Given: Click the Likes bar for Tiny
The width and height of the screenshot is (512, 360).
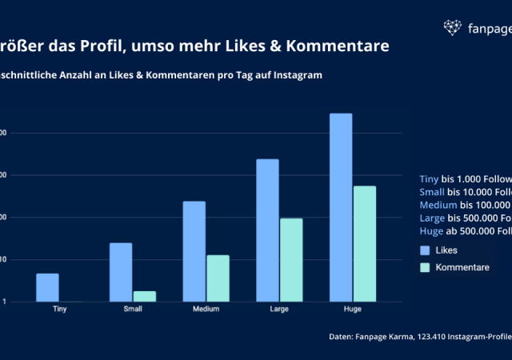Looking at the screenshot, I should pyautogui.click(x=47, y=288).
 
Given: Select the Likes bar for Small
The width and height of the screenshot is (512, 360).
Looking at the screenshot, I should pyautogui.click(x=121, y=272).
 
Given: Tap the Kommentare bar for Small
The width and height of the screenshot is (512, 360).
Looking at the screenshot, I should pyautogui.click(x=145, y=296).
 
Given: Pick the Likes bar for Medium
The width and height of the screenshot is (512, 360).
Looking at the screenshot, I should pyautogui.click(x=194, y=251).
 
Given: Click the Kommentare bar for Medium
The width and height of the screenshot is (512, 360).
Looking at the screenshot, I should pyautogui.click(x=218, y=278).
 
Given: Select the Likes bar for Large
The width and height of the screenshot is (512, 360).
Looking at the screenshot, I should pyautogui.click(x=268, y=230).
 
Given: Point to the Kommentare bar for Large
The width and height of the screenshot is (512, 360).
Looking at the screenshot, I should pyautogui.click(x=291, y=260).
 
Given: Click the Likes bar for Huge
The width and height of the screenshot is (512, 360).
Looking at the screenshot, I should pyautogui.click(x=341, y=207).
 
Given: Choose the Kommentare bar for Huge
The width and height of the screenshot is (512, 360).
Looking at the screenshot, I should pyautogui.click(x=365, y=244).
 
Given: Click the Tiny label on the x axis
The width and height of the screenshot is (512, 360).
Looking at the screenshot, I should pyautogui.click(x=59, y=309).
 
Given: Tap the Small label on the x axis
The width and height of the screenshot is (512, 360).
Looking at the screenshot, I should pyautogui.click(x=133, y=309).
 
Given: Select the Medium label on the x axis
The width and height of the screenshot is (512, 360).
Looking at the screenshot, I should pyautogui.click(x=206, y=309).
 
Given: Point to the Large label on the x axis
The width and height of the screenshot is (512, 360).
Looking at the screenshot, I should pyautogui.click(x=279, y=309).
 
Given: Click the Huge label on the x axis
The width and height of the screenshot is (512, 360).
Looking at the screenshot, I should pyautogui.click(x=353, y=309).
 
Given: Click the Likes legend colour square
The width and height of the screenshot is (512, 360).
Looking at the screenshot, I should pyautogui.click(x=425, y=250).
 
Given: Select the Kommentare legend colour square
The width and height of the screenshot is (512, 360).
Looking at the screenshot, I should pyautogui.click(x=425, y=267).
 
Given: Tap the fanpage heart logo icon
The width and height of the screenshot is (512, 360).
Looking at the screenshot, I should pyautogui.click(x=453, y=28).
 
